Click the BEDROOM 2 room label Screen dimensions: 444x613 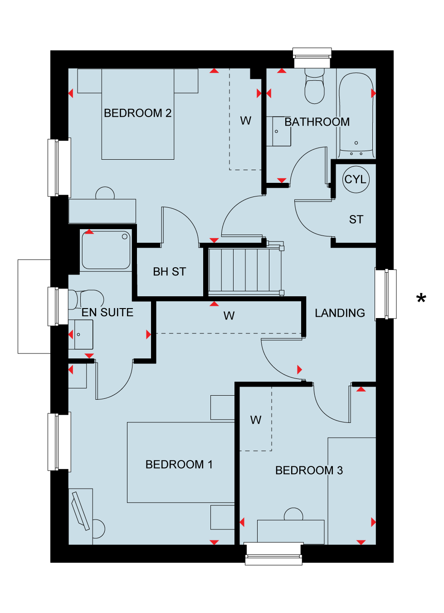coord(137,113)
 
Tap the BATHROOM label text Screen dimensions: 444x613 coord(317,122)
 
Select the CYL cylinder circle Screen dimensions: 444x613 coord(356,180)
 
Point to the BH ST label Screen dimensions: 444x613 coord(169,272)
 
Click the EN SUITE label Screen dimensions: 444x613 coord(107,313)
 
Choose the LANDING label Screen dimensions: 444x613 coord(340,313)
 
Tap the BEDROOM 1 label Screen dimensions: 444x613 coord(179,465)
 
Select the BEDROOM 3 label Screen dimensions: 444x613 coord(309,471)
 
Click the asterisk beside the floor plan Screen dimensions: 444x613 coord(421,298)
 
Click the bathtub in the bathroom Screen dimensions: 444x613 coord(356,115)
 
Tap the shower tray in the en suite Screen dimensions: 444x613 coord(106,250)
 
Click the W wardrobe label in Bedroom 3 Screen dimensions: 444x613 coord(256,420)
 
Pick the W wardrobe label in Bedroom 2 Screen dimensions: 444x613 coord(246,121)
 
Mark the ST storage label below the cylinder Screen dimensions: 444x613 coord(356,220)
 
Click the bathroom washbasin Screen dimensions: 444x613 coord(279,132)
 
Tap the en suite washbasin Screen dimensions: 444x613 coord(81,334)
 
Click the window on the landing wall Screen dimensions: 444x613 coord(386,294)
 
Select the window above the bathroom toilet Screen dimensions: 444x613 coord(312,58)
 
